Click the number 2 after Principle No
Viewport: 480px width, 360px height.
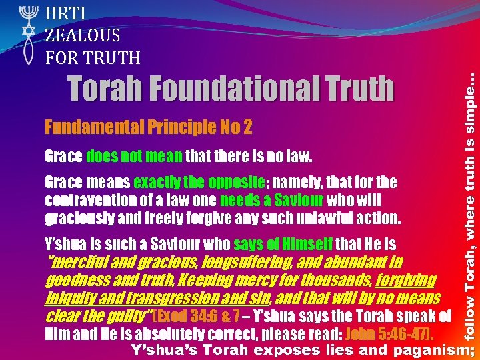pyautogui.click(x=247, y=127)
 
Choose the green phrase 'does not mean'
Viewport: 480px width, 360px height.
pyautogui.click(x=134, y=157)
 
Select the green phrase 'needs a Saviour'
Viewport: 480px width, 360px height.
pyautogui.click(x=271, y=200)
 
